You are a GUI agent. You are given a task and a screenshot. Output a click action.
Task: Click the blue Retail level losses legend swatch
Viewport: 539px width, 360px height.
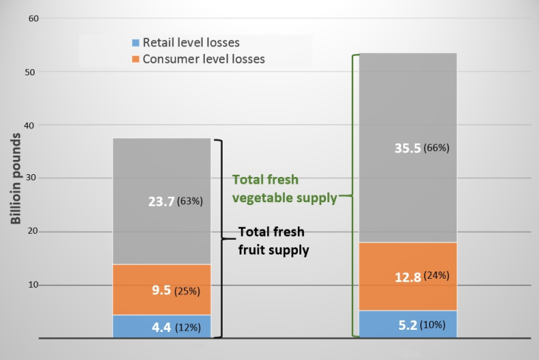click(134, 42)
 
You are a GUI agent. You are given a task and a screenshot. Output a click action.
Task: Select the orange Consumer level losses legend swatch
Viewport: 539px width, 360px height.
click(134, 58)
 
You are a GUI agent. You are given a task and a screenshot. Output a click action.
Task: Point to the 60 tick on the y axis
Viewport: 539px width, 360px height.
click(33, 18)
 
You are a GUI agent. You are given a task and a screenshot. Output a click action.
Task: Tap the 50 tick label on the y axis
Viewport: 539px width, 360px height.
click(33, 72)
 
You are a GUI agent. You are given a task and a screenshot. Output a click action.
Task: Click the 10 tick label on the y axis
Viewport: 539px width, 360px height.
click(33, 285)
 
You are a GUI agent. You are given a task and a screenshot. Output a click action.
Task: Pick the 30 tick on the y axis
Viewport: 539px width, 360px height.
click(33, 179)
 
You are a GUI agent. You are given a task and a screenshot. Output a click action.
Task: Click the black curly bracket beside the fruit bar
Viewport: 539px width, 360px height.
click(220, 238)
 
